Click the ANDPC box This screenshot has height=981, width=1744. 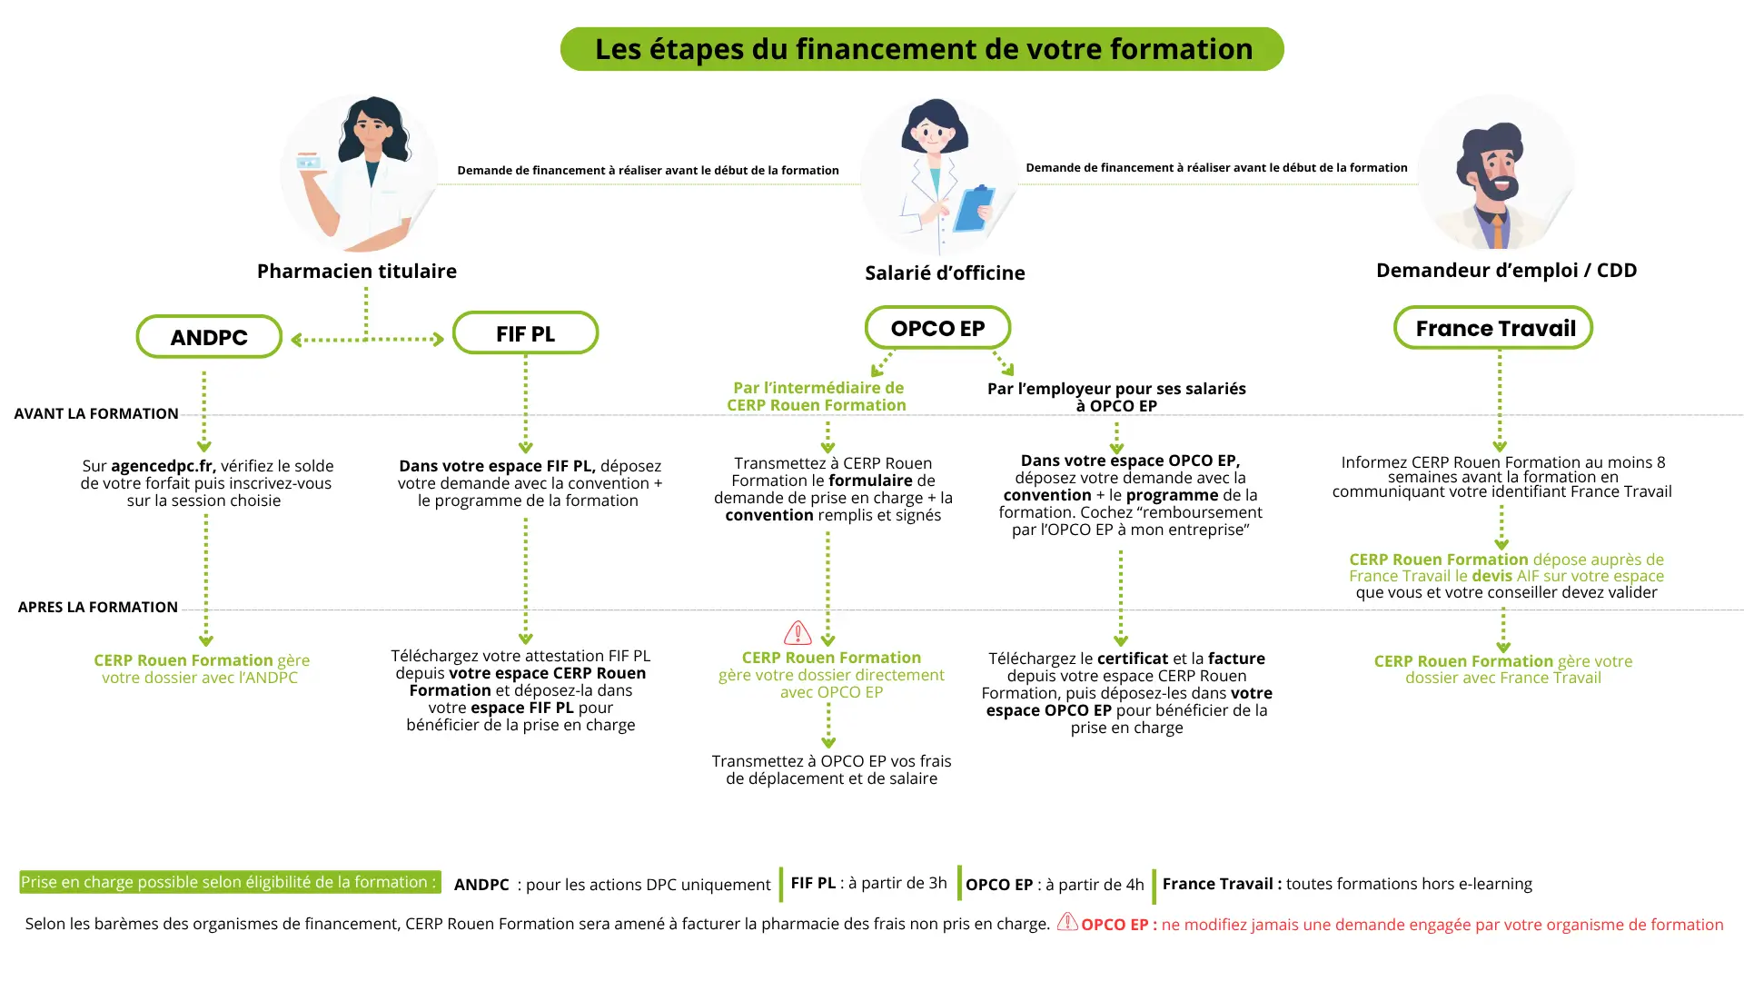209,337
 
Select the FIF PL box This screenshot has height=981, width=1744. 525,333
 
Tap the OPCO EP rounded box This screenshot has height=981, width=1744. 937,328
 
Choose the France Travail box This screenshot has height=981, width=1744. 1494,328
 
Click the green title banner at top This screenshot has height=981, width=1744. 922,49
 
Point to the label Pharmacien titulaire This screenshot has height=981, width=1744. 356,271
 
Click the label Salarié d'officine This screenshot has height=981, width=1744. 945,272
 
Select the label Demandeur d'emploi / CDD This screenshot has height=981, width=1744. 1506,270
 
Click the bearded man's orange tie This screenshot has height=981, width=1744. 1497,231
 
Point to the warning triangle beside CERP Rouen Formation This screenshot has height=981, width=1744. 798,632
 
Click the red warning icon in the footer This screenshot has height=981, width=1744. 1067,922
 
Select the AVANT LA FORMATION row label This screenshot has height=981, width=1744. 96,413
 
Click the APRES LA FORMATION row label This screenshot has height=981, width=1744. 98,607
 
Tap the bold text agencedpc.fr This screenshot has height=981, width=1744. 163,466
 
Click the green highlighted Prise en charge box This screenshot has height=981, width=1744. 230,882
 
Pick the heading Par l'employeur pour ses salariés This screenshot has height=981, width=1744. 1116,389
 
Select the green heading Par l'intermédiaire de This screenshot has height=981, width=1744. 817,388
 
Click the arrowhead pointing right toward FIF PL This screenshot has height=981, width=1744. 439,340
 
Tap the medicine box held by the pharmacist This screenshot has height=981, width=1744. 309,162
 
